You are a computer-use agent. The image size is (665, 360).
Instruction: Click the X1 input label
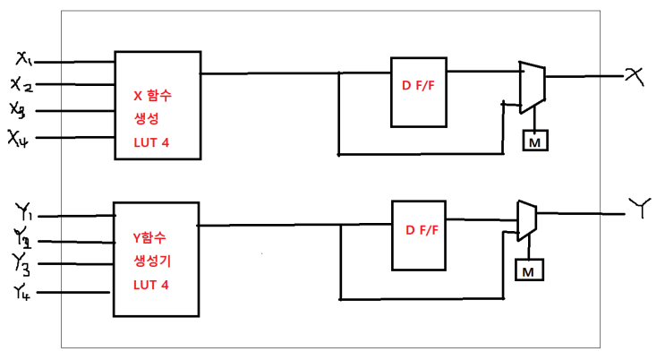[x=24, y=61]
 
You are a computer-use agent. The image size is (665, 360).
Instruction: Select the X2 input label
[x=21, y=85]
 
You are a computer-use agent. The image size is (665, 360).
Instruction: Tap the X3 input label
[x=19, y=110]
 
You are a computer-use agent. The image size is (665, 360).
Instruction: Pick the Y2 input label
[x=21, y=237]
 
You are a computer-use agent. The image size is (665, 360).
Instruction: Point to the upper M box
[x=535, y=140]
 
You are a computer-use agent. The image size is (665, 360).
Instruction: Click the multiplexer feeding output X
[x=532, y=87]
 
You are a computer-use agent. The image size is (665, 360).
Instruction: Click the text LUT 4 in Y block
[x=149, y=284]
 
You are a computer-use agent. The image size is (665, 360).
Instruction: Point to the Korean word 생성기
[x=150, y=261]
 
